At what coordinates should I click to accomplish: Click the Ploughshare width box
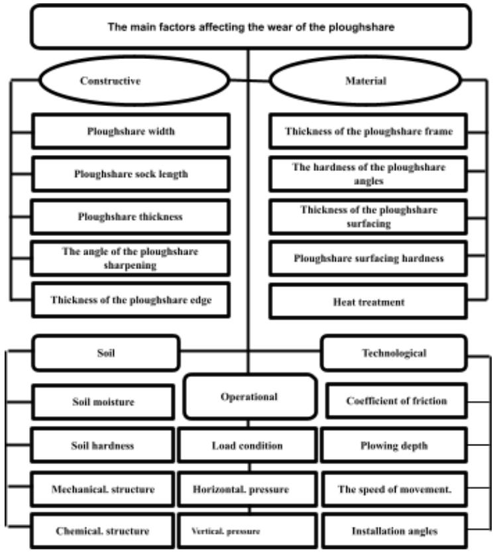(131, 131)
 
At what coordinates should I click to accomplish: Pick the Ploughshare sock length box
(131, 174)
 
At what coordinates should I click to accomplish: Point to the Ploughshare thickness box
(131, 217)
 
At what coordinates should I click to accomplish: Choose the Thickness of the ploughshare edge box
(131, 299)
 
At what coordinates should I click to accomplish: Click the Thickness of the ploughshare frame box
(369, 131)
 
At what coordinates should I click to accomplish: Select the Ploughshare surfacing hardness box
(369, 258)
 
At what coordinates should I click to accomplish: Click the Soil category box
(106, 353)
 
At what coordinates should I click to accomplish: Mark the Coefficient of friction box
(396, 401)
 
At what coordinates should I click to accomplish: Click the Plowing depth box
(396, 445)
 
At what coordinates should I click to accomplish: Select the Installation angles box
(396, 531)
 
